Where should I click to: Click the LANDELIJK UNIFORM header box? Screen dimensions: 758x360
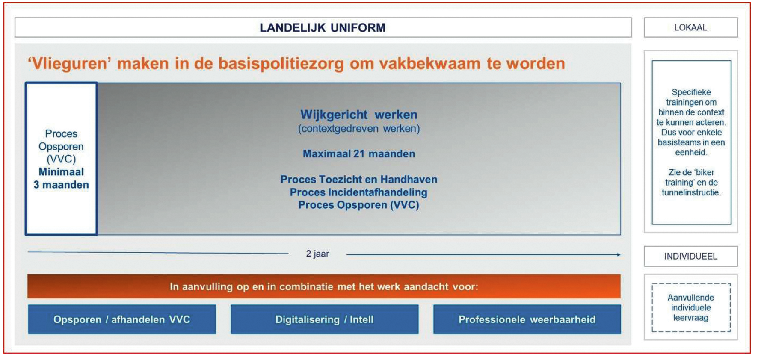(323, 27)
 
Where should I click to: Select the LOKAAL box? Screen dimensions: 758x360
(690, 27)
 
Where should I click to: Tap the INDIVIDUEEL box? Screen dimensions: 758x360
(690, 256)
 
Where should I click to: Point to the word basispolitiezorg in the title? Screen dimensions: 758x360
(281, 63)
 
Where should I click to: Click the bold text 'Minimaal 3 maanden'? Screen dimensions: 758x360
(61, 178)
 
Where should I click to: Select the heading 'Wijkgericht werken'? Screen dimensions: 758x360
(359, 115)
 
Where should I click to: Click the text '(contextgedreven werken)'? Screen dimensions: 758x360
(359, 129)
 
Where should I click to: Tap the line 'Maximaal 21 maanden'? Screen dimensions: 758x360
(359, 154)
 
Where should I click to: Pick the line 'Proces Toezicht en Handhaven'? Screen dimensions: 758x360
(359, 179)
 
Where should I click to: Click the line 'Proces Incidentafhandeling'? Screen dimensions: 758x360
(359, 192)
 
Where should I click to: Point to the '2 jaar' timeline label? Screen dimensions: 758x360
(317, 254)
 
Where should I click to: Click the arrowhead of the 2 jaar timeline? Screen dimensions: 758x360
(619, 255)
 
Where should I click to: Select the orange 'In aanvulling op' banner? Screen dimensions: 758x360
(324, 286)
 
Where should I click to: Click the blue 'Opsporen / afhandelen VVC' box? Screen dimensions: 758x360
(122, 319)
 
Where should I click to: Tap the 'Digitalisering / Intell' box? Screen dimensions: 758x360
(324, 319)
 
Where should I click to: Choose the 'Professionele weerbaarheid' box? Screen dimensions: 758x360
(527, 319)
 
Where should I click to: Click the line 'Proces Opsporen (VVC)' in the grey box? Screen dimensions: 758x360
(359, 205)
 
